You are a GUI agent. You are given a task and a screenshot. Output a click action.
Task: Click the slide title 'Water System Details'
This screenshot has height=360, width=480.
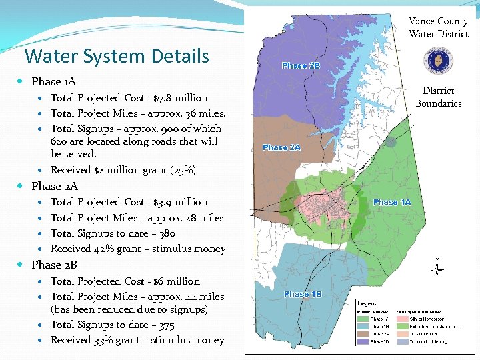click(117, 57)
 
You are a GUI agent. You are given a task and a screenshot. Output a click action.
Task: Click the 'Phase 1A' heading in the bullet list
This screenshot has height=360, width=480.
click(53, 81)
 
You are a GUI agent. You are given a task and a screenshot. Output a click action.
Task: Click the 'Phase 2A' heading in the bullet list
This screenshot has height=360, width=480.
click(54, 186)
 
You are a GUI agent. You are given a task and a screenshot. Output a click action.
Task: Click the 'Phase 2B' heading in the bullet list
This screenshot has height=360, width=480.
click(54, 265)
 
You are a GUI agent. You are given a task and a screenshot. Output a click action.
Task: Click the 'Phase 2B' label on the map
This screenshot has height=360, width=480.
click(301, 66)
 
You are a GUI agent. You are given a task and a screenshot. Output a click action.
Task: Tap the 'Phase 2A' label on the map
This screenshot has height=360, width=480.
click(281, 147)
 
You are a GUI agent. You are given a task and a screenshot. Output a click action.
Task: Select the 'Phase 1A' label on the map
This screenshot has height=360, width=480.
click(392, 202)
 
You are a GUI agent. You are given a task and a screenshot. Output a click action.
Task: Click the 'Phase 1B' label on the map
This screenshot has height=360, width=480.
click(303, 294)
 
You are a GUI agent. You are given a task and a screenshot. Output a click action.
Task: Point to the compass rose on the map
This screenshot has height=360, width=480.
click(437, 269)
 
